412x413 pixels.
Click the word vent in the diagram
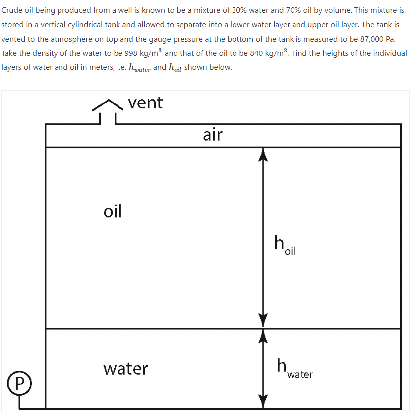tap(145, 103)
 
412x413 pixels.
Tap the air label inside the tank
tap(213, 134)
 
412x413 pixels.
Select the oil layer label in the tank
tap(113, 211)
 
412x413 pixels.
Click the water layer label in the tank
tap(125, 369)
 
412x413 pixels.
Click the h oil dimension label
tap(285, 246)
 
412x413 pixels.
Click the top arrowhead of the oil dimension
tap(263, 155)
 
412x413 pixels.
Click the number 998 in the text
tap(127, 53)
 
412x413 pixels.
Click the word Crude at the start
tap(12, 10)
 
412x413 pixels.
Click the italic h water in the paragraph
tap(139, 68)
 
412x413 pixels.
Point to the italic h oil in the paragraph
tap(175, 68)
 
